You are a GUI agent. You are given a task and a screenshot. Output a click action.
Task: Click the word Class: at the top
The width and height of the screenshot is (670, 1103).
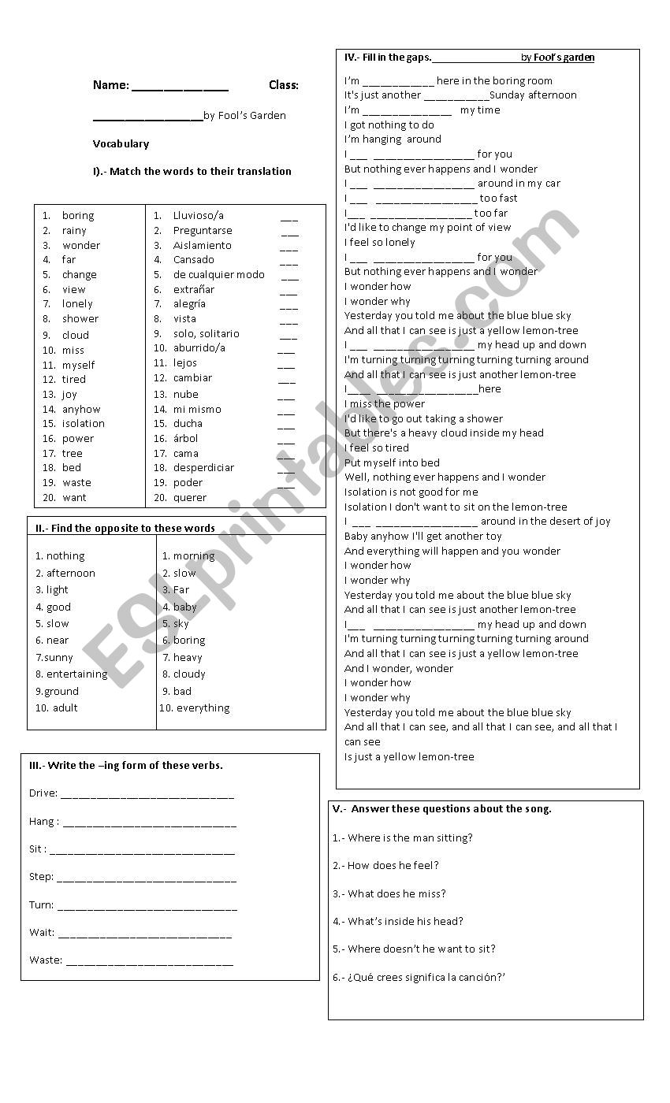284,85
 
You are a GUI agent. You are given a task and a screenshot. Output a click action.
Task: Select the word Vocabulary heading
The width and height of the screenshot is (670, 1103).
121,143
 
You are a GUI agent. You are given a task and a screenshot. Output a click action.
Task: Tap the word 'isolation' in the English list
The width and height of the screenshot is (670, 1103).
84,424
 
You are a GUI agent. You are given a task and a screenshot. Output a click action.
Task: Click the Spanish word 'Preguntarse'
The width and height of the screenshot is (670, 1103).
203,231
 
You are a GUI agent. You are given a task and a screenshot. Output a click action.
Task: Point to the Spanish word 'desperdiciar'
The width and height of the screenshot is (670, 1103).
203,468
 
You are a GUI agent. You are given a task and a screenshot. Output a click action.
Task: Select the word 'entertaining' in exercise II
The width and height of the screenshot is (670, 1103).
76,674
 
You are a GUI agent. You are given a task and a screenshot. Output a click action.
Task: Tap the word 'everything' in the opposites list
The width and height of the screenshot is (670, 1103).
203,708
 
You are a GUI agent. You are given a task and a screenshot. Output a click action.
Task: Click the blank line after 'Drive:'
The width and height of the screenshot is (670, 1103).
147,795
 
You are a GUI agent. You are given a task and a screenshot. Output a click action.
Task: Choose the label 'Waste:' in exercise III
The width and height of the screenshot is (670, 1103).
45,960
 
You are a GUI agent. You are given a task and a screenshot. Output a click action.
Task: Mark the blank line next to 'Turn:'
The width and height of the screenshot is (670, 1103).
147,907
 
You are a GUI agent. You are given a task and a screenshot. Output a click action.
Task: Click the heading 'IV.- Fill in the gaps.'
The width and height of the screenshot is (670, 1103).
388,58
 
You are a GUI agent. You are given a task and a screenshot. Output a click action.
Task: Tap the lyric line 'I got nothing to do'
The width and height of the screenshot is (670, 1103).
389,124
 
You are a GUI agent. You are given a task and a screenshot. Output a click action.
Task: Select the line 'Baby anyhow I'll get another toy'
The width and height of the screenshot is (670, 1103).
423,537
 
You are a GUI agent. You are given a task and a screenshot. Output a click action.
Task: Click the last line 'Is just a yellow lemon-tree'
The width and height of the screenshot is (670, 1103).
409,757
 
